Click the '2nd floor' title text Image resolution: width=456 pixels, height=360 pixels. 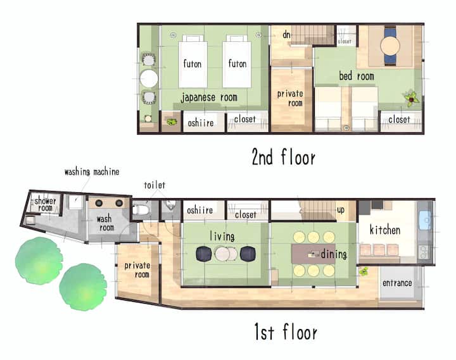click(x=284, y=157)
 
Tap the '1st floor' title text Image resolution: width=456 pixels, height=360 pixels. click(x=286, y=332)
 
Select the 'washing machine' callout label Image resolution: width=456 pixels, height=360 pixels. click(x=92, y=172)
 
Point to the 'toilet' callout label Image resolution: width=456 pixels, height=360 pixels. click(x=155, y=185)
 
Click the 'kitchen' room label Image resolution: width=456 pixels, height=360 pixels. click(x=385, y=230)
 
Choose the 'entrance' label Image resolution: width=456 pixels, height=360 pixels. click(x=397, y=283)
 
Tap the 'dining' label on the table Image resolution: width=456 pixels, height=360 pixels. click(x=334, y=254)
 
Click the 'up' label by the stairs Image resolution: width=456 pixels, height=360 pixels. click(x=341, y=210)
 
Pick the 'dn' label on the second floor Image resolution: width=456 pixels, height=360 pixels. click(x=286, y=35)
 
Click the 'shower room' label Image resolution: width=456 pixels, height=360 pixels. click(x=45, y=204)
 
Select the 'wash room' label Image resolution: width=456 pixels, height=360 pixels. click(x=105, y=223)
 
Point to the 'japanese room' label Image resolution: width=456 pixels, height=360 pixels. click(x=209, y=97)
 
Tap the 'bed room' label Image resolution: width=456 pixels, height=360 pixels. click(x=357, y=76)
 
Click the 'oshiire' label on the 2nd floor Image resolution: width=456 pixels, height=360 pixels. click(x=201, y=123)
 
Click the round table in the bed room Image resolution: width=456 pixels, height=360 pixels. click(x=390, y=46)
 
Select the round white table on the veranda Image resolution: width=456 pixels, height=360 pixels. click(x=149, y=78)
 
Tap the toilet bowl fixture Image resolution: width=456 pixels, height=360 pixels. click(x=141, y=209)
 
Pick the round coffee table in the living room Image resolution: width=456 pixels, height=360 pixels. click(x=226, y=254)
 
